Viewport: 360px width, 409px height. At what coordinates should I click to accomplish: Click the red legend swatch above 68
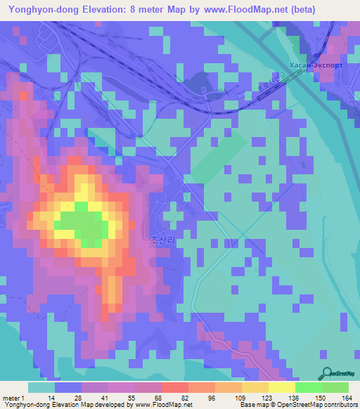click(174, 387)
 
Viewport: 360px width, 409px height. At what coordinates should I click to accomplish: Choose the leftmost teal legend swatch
click(41, 387)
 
